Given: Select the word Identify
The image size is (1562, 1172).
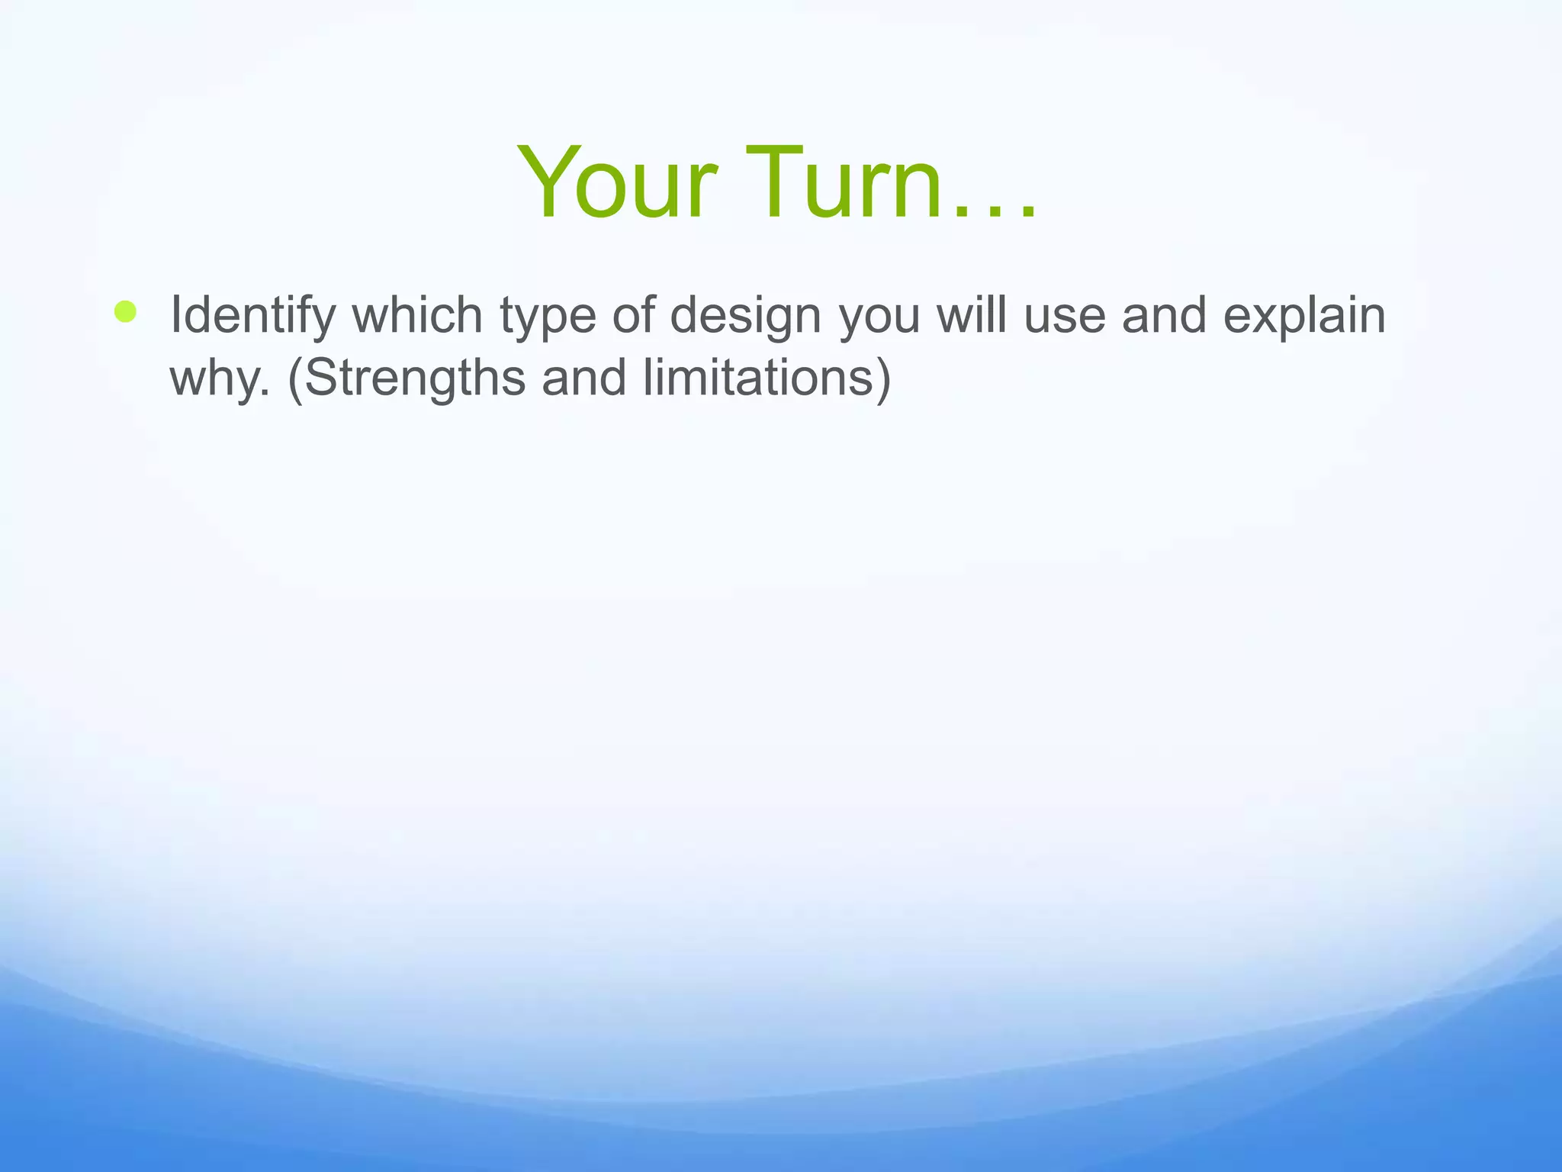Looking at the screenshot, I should (x=252, y=315).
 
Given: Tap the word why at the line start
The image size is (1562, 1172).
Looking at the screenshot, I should (x=214, y=378).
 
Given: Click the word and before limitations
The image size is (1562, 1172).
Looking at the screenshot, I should (x=584, y=377).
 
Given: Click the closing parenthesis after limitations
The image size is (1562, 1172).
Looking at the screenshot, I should (x=883, y=378).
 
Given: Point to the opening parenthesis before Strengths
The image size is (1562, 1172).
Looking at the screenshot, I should (x=296, y=378).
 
